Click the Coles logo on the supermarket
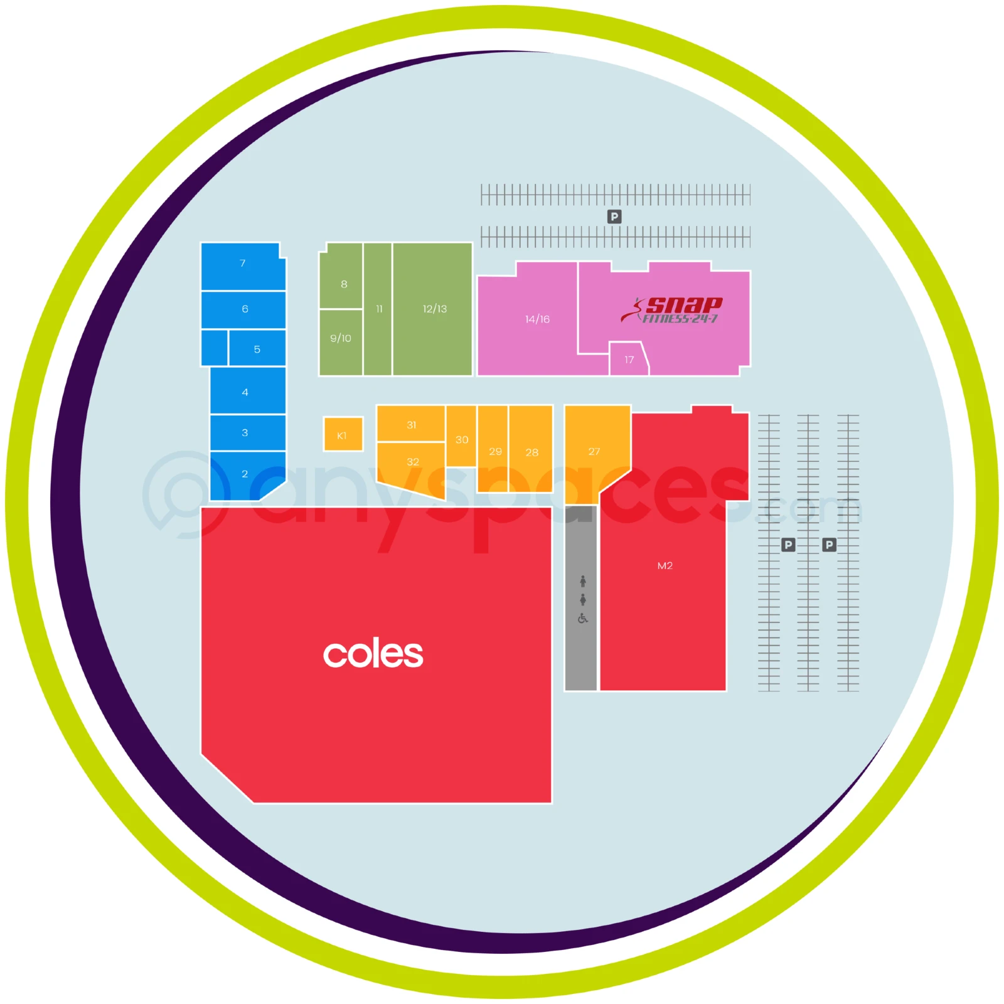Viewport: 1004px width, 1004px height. (x=373, y=654)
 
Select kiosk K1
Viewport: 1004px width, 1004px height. (x=343, y=434)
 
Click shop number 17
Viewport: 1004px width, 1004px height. (x=628, y=359)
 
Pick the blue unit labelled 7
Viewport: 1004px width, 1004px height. (x=243, y=266)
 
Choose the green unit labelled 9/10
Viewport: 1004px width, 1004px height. (x=341, y=343)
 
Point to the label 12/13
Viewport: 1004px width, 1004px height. (x=435, y=309)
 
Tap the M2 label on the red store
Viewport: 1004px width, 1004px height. (x=665, y=565)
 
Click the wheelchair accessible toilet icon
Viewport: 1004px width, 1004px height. (x=583, y=619)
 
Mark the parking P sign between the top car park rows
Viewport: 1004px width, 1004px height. (x=614, y=216)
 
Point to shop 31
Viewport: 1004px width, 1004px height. (x=411, y=424)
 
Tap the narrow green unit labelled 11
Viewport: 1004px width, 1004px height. (x=378, y=309)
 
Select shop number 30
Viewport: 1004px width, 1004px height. (x=461, y=436)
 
